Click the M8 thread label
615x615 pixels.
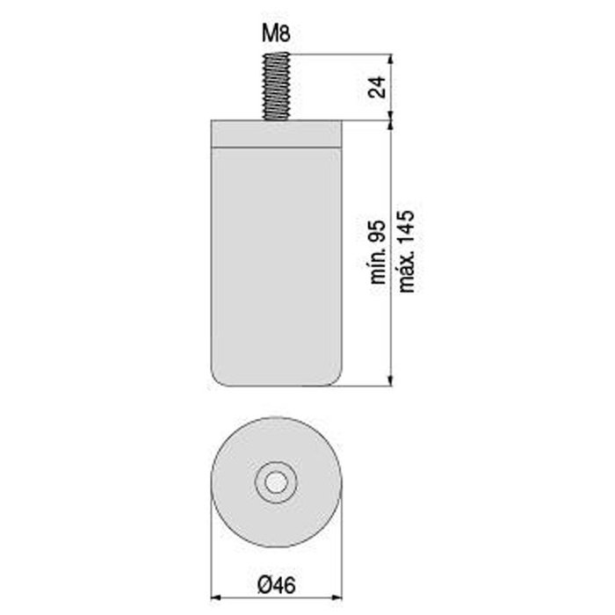tap(276, 34)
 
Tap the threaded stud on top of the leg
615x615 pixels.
tap(276, 86)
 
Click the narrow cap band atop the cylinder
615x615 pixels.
tap(276, 133)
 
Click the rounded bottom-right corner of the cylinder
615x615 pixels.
tap(337, 378)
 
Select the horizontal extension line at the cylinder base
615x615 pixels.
tap(369, 385)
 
